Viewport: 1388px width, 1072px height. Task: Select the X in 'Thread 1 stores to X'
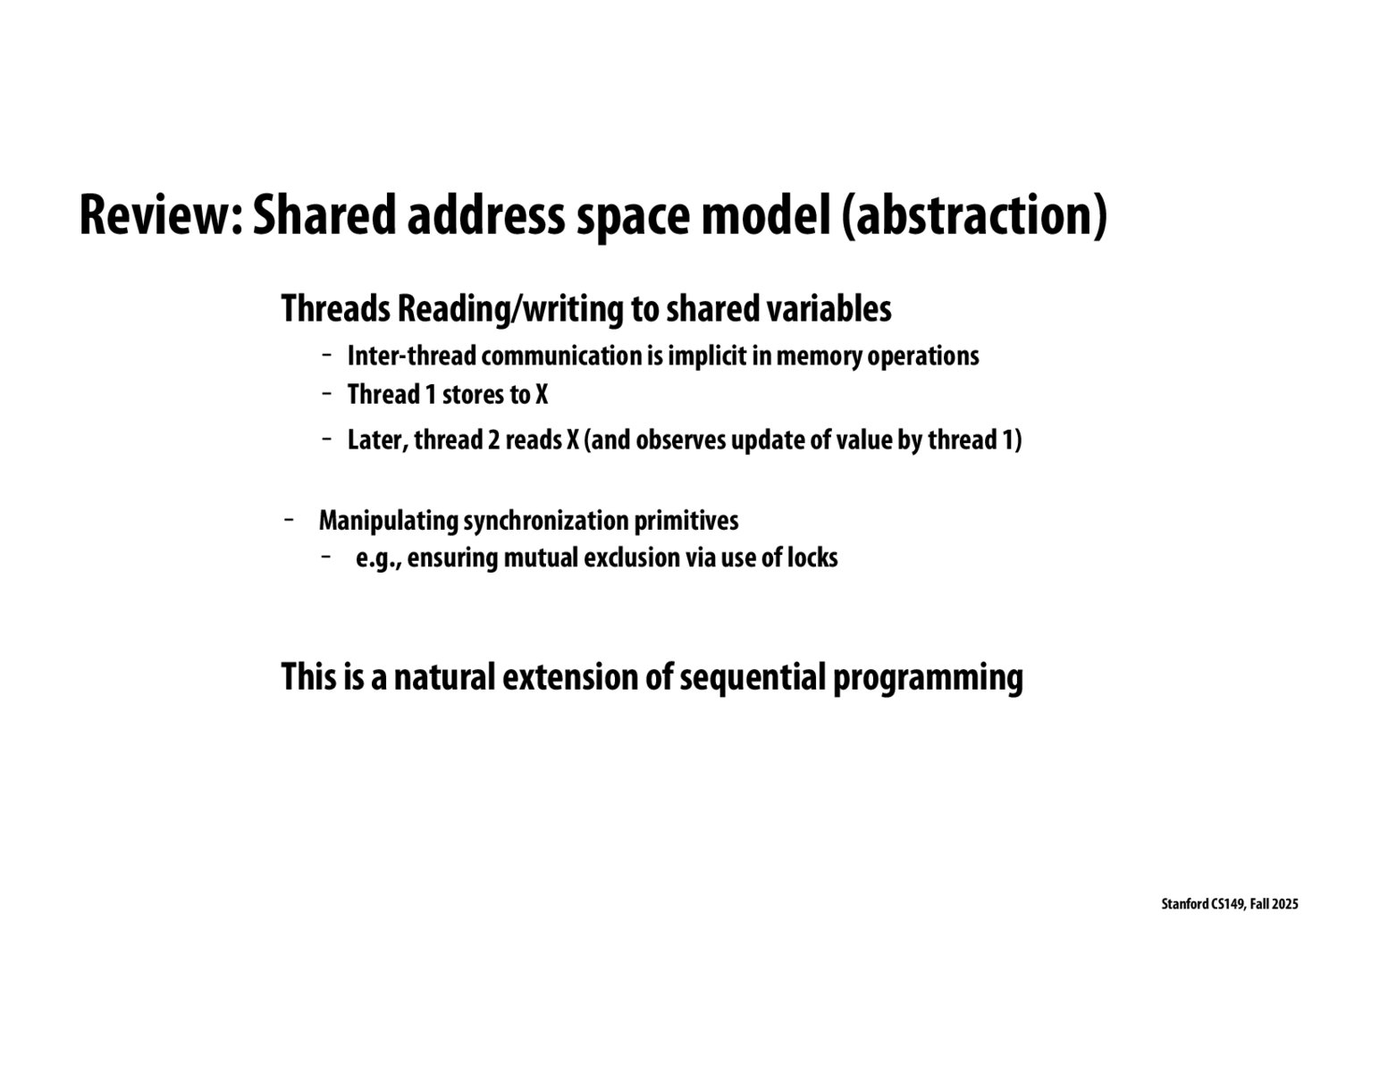coord(542,395)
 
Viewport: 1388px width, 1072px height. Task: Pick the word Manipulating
coord(388,521)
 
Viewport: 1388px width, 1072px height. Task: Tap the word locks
coord(812,558)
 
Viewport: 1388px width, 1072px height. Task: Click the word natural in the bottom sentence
coord(443,677)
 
